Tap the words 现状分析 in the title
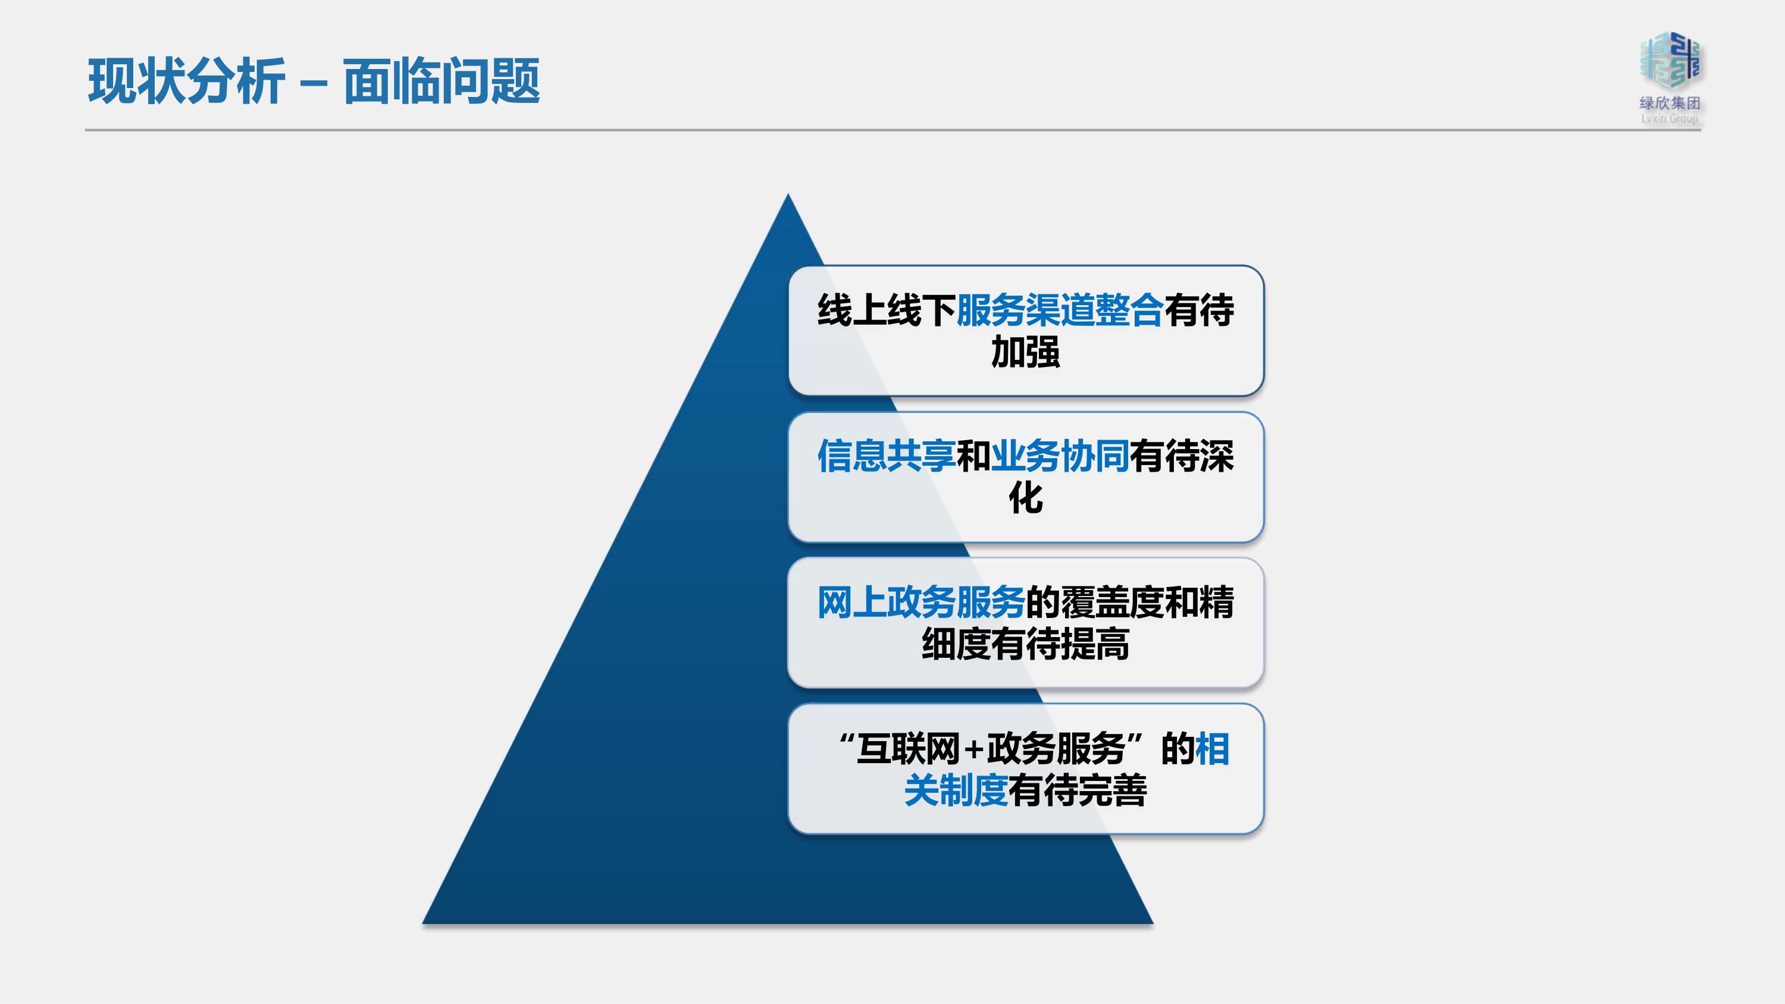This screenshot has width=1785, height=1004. (x=186, y=81)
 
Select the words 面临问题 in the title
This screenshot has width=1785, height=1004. (x=441, y=81)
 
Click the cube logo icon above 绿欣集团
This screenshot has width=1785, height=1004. (x=1670, y=60)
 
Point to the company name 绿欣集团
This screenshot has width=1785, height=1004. (x=1670, y=103)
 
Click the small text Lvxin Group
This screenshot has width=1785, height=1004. (x=1670, y=119)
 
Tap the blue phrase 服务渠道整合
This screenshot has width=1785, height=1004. (x=1060, y=310)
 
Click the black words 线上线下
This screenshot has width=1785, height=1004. (x=887, y=310)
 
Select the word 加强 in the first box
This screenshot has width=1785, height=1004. (x=1026, y=352)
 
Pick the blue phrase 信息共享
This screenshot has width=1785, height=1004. (x=887, y=456)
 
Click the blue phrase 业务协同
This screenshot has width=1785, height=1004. (x=1060, y=456)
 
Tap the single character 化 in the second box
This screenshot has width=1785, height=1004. (x=1026, y=498)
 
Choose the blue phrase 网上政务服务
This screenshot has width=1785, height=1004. (x=922, y=602)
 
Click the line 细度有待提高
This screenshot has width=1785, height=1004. (x=1026, y=644)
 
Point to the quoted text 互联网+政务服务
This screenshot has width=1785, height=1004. (x=991, y=748)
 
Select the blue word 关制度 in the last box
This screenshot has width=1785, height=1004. (x=956, y=790)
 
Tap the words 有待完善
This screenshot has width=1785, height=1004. (x=1078, y=790)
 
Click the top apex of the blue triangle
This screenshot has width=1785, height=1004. (x=788, y=194)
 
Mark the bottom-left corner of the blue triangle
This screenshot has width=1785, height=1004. (x=422, y=923)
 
